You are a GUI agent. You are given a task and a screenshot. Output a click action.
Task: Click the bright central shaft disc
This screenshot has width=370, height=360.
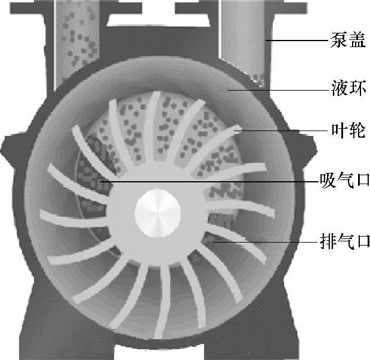coord(157,213)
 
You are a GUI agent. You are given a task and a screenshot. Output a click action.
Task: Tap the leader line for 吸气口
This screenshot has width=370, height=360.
coord(209,181)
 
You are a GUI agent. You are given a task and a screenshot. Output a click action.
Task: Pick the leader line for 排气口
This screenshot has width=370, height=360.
coord(269,242)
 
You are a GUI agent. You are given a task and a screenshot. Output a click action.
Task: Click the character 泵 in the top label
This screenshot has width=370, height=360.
coord(337,41)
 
